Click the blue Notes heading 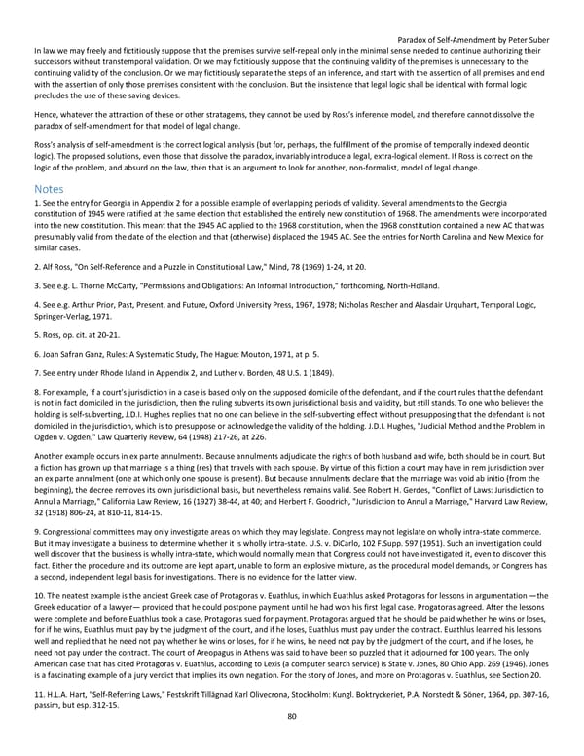point(49,187)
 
